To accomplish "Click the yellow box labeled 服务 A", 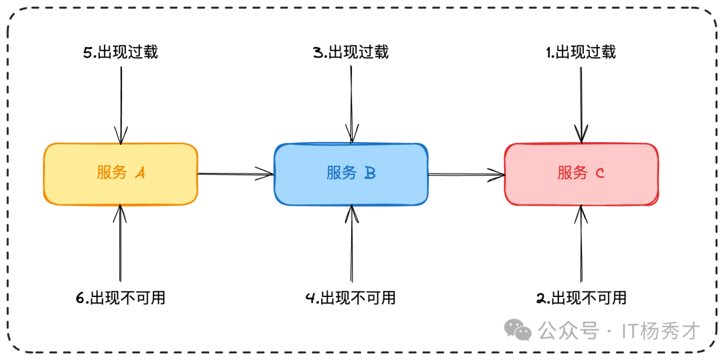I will pyautogui.click(x=121, y=174).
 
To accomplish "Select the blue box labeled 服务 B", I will pyautogui.click(x=351, y=174).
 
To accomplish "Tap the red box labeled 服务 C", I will pyautogui.click(x=581, y=174).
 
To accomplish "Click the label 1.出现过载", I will pyautogui.click(x=581, y=52).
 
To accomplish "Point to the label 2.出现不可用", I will pyautogui.click(x=581, y=298).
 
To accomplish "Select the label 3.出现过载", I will pyautogui.click(x=351, y=52).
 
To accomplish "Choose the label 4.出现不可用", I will pyautogui.click(x=351, y=298).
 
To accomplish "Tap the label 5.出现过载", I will pyautogui.click(x=121, y=52).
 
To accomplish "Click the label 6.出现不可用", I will pyautogui.click(x=121, y=298).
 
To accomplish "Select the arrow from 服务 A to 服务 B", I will pyautogui.click(x=235, y=174).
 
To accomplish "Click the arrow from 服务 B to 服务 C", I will pyautogui.click(x=466, y=174).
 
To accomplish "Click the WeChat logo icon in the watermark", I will pyautogui.click(x=518, y=329).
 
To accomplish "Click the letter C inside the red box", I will pyautogui.click(x=600, y=174).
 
